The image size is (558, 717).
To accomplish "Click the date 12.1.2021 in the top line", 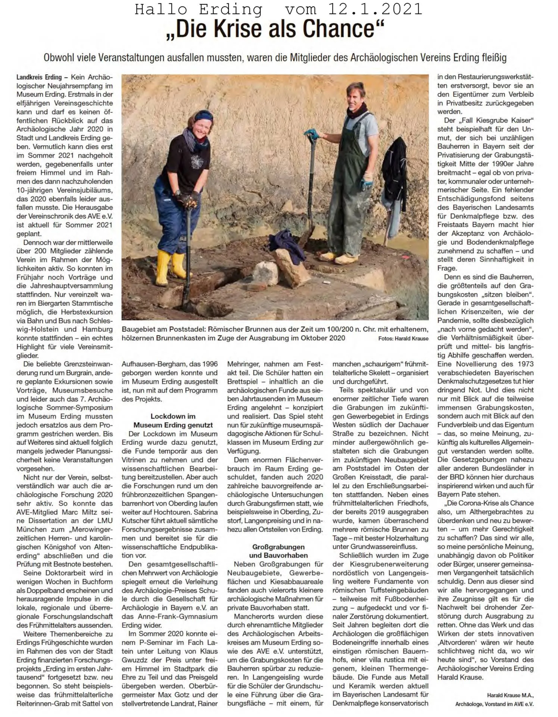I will coord(375,9).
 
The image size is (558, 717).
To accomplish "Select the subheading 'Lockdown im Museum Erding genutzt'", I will coord(173,420).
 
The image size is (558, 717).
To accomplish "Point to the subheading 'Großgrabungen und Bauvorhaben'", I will coord(278,551).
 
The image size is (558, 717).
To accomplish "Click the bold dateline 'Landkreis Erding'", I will coord(39,77).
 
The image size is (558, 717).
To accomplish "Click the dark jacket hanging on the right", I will coord(394,176).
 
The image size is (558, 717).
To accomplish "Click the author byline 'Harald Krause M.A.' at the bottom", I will coord(510,695).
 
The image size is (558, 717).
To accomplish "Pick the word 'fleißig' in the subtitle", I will coord(494,58).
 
